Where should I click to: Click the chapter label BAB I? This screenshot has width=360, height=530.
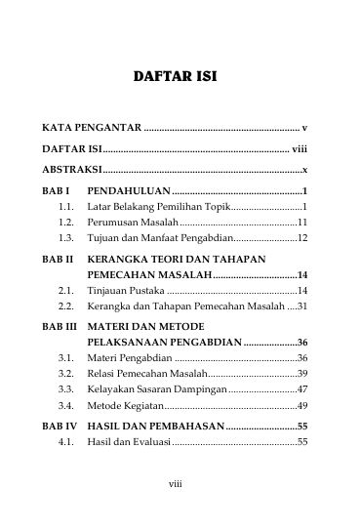57,191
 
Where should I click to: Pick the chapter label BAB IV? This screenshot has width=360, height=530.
60,426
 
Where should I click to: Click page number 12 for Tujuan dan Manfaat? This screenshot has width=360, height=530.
302,237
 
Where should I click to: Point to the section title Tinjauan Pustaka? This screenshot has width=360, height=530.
126,291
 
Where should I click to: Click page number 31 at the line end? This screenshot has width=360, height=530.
302,306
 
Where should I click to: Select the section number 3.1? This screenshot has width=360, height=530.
66,359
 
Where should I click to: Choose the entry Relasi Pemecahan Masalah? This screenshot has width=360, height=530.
148,374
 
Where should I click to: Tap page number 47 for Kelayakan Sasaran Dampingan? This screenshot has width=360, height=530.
302,388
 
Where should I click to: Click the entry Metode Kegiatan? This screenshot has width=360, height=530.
124,404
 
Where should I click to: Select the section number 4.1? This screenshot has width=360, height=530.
66,442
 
